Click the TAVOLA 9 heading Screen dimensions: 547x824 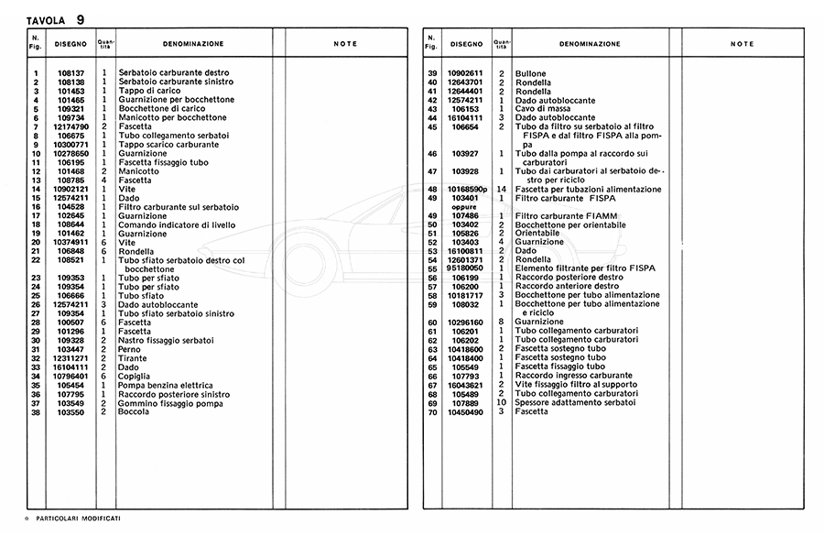[x=55, y=19]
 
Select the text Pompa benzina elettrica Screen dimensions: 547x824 [x=166, y=386]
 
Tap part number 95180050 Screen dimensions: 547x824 [x=465, y=268]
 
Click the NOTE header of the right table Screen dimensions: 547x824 [x=743, y=44]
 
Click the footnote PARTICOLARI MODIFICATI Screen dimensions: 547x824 [x=78, y=519]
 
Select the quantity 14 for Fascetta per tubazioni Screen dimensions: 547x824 [x=501, y=190]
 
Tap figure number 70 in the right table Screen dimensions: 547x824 [x=432, y=411]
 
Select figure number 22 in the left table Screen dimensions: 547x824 [x=36, y=260]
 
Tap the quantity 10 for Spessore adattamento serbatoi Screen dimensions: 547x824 [x=501, y=403]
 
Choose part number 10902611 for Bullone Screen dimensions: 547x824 [x=465, y=73]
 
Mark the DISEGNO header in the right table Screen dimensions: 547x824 [x=466, y=44]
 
